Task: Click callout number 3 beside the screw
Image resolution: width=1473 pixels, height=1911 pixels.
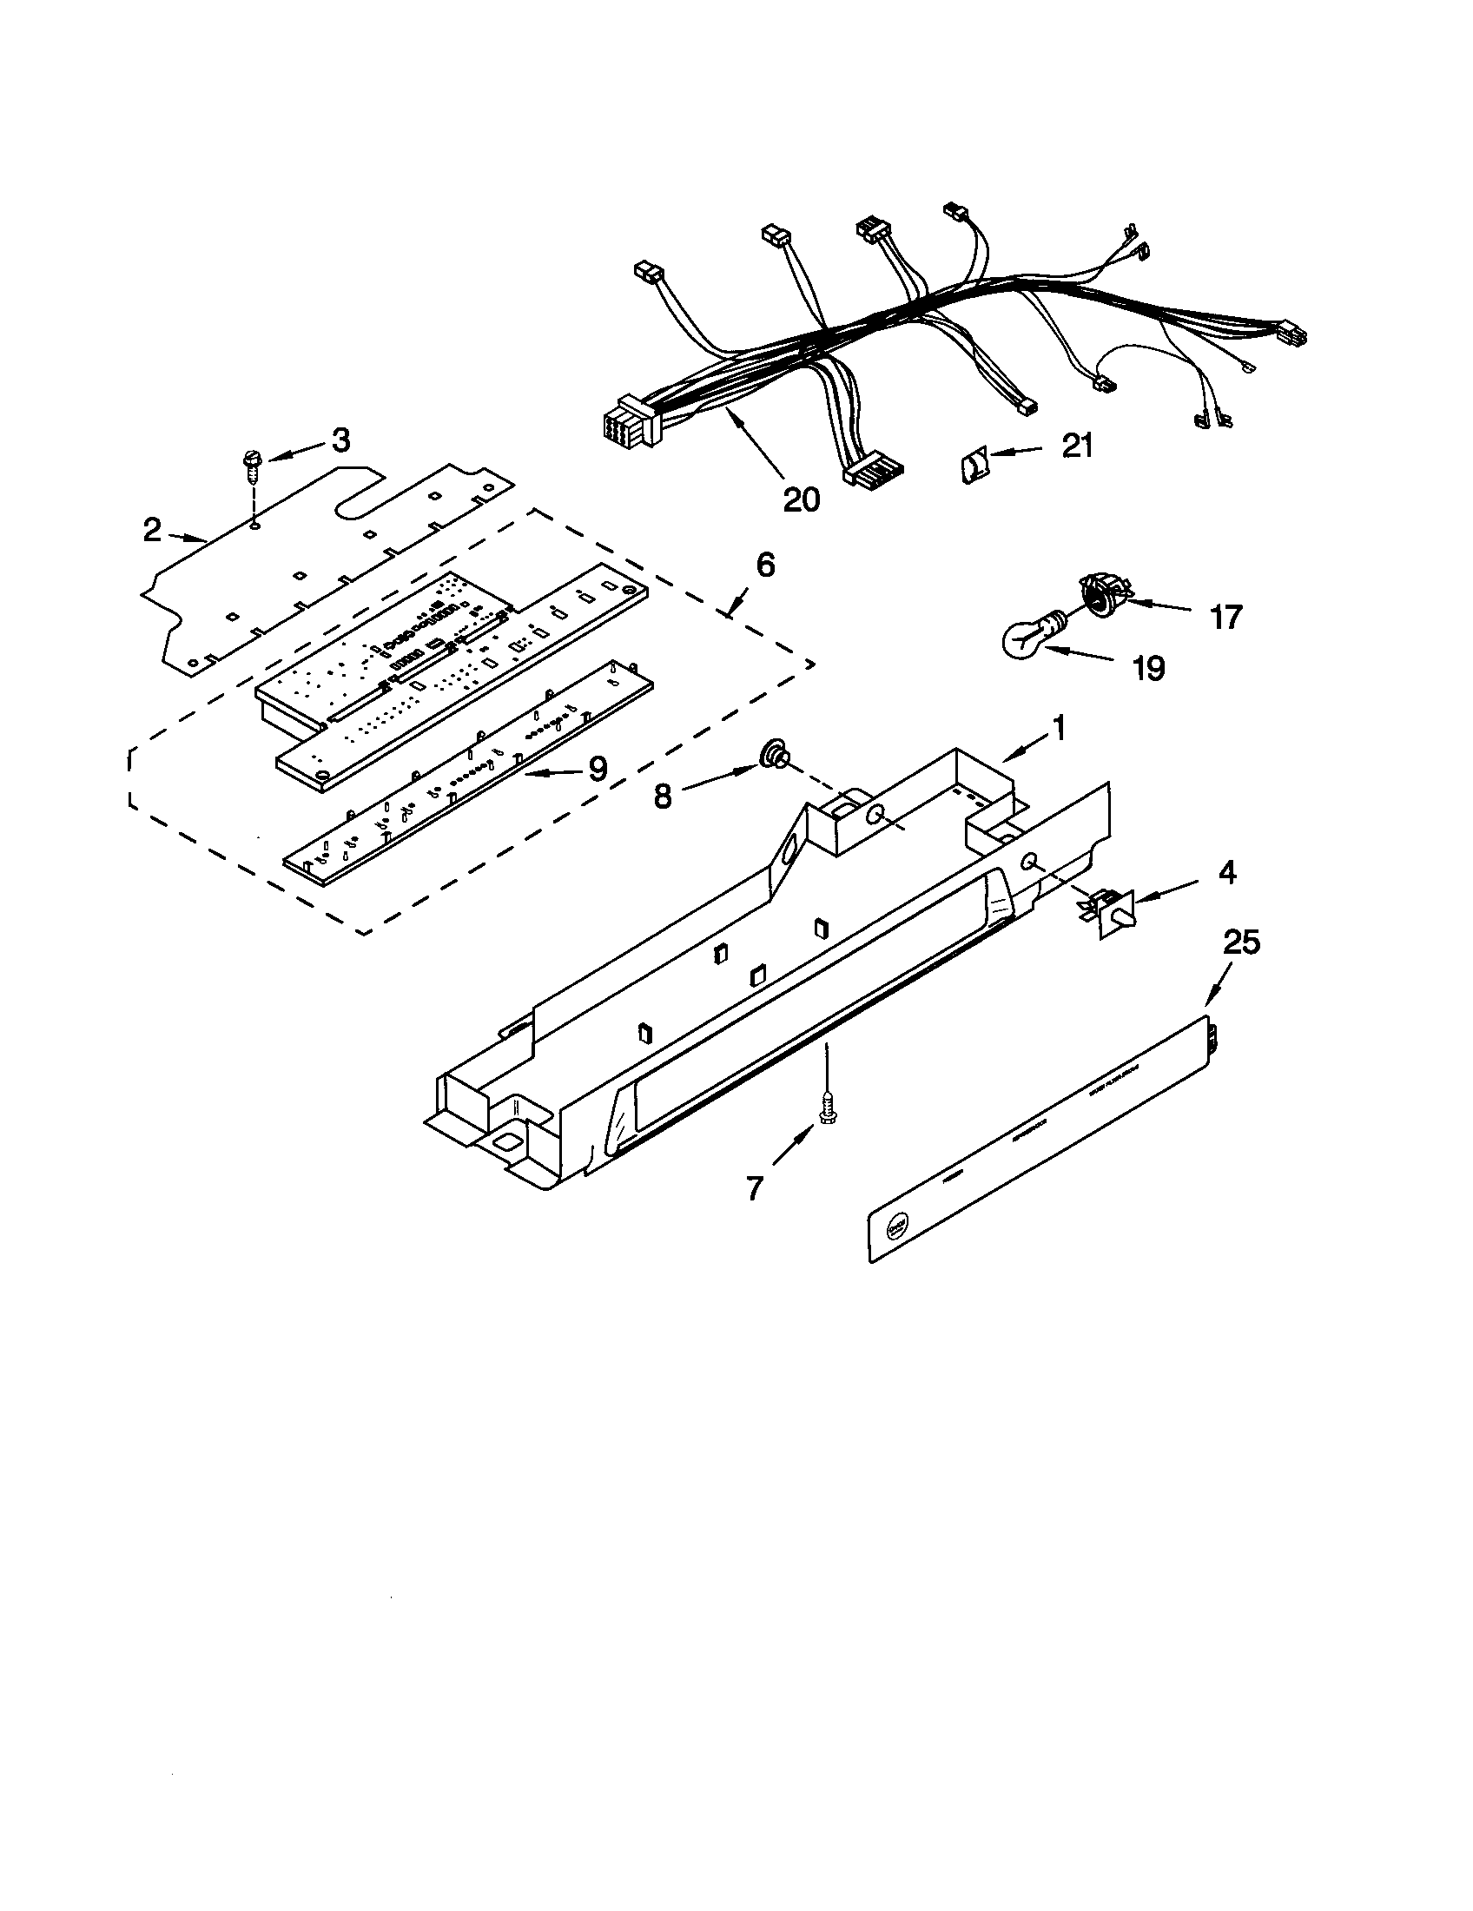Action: tap(341, 440)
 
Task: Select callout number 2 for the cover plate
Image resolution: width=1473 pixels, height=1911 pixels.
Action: tap(153, 529)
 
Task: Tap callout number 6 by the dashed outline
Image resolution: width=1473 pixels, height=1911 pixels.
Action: tap(764, 566)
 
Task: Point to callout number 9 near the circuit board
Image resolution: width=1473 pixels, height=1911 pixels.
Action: tap(597, 768)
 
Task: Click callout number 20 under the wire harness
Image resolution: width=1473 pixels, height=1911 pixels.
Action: tap(802, 499)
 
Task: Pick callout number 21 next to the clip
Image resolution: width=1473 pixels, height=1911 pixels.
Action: tap(1077, 446)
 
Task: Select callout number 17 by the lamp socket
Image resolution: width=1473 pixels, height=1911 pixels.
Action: tap(1225, 618)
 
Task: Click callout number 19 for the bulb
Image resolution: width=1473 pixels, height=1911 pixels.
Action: tap(1148, 670)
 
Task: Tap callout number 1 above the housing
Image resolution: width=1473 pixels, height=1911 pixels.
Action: tap(1059, 728)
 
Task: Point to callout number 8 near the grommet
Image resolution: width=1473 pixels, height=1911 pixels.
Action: tap(663, 797)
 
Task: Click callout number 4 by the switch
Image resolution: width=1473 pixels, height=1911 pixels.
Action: tap(1227, 872)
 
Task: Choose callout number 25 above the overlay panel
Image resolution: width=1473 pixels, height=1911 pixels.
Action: tap(1241, 942)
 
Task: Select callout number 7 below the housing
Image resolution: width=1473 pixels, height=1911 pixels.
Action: tap(754, 1187)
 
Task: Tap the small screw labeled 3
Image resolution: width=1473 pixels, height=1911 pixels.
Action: tap(251, 466)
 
